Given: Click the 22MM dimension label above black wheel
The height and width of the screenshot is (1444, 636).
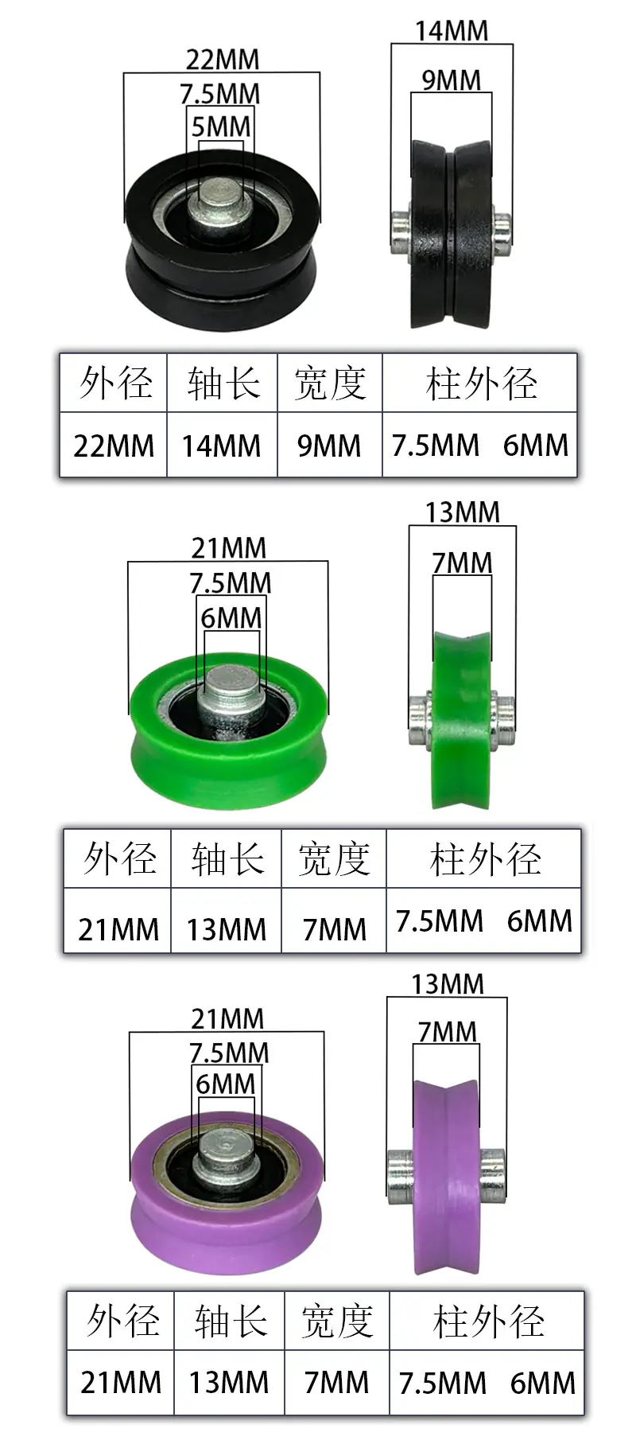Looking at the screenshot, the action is coord(223,59).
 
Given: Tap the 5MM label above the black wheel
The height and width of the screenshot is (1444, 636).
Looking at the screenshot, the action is coord(221,126).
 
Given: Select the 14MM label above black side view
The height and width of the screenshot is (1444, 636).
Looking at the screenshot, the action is coord(452,31).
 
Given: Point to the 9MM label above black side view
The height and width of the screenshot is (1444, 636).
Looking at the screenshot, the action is coord(451,80).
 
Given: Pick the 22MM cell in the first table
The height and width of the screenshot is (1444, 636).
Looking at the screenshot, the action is coord(114,446).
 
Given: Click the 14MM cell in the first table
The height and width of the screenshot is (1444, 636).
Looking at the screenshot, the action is coord(221,446).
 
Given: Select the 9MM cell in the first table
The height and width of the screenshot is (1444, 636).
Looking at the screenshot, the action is coord(329,446).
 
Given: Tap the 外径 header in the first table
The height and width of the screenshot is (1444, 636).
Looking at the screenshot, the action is coord(115,383).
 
